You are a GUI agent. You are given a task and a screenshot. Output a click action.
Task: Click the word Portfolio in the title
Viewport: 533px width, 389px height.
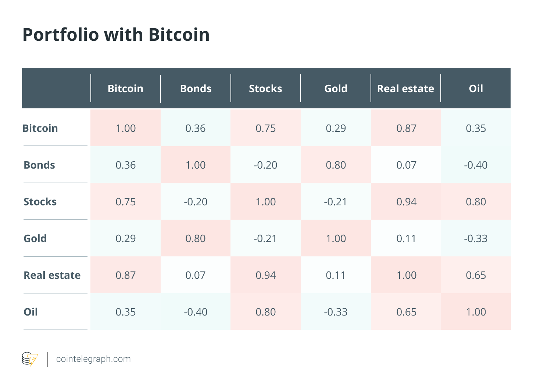coord(61,35)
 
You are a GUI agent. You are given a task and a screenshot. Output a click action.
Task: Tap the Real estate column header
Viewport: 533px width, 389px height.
coord(405,89)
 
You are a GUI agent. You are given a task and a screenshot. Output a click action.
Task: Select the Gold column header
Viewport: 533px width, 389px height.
coord(336,89)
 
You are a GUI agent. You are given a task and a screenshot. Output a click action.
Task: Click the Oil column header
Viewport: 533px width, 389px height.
coord(476,89)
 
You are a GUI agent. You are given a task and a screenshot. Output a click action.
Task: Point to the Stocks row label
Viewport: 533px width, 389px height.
coord(40,202)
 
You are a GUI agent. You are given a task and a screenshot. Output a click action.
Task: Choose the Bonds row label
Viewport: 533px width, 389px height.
coord(39,165)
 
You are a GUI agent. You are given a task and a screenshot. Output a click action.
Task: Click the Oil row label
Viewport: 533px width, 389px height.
coord(31,312)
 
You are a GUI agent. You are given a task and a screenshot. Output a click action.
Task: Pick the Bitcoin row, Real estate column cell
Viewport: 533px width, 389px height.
coord(406,129)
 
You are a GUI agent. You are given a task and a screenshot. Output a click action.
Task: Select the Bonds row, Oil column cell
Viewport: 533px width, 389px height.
coord(476,165)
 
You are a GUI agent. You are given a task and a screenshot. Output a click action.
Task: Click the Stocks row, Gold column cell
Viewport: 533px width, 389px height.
coord(335,202)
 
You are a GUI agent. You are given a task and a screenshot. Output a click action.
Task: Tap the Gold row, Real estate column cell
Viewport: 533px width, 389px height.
coord(406,238)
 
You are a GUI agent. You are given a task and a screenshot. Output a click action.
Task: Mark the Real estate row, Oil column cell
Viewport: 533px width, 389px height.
coord(476,275)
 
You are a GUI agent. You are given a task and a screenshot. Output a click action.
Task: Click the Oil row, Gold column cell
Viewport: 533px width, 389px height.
coord(336,312)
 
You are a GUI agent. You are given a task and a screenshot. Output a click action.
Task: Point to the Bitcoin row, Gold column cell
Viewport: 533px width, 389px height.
coord(336,129)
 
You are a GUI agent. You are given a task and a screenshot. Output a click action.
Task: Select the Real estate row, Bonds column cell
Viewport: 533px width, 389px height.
coord(195,275)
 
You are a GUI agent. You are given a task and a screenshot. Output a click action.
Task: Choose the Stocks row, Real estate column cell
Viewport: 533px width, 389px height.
coord(406,202)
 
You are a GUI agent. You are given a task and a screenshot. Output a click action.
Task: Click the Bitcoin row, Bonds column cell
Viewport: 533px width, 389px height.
coord(195,129)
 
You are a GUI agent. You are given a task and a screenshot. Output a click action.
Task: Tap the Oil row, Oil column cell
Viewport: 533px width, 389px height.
coord(476,312)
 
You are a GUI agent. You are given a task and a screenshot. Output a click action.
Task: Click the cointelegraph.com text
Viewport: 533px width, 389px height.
coord(93,359)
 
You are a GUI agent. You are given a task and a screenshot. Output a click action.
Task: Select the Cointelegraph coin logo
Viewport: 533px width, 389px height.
coord(30,359)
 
